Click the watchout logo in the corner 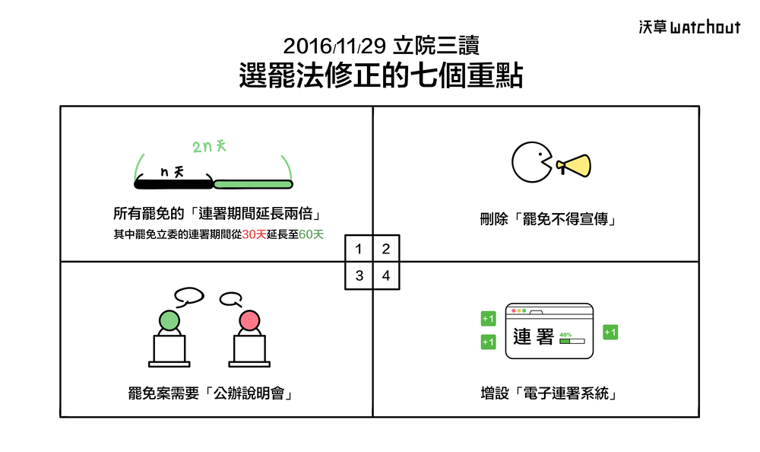click(689, 27)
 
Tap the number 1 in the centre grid click(359, 248)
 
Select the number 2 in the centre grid click(386, 248)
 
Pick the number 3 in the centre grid click(359, 275)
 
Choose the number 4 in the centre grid click(386, 275)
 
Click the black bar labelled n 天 click(173, 184)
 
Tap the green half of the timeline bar click(252, 184)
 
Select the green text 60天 click(312, 235)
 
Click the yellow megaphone click(574, 164)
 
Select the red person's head click(249, 320)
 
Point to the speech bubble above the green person click(188, 294)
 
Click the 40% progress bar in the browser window click(572, 342)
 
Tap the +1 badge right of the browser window click(610, 332)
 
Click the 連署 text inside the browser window click(534, 336)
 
